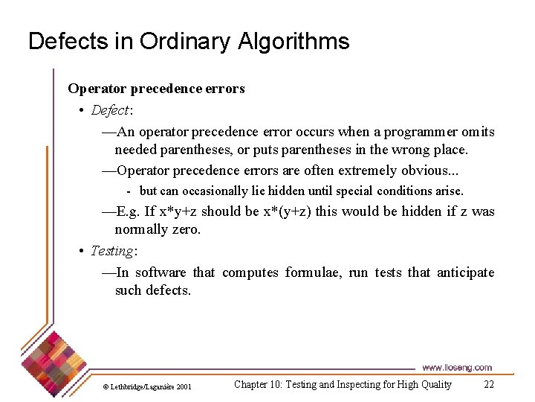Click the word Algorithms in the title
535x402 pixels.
coord(294,42)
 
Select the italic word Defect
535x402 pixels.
coord(109,110)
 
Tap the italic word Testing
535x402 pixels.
coord(111,251)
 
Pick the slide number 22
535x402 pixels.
coord(488,385)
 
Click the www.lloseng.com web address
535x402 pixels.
coord(457,368)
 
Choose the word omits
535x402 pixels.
coord(478,132)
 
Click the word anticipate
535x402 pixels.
coord(465,272)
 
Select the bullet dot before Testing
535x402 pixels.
coord(81,251)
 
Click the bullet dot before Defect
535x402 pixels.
coord(81,110)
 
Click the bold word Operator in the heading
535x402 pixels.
coord(97,89)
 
